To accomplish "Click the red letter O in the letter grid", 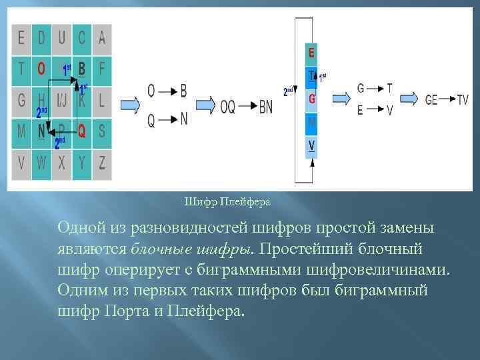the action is (41, 67).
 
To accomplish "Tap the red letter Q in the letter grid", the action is (82, 131).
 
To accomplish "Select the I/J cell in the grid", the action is (62, 101).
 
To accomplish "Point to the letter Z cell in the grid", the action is (101, 162).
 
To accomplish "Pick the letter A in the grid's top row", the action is (101, 37).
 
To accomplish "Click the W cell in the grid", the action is (41, 162).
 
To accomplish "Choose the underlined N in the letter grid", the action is (41, 131).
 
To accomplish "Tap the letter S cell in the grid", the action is (101, 131).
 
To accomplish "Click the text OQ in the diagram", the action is (227, 107).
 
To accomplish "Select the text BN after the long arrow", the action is (265, 107).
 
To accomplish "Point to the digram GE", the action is (431, 99).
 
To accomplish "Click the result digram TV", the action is (463, 99).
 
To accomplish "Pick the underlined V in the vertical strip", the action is (311, 146).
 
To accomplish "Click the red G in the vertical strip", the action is (311, 99).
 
